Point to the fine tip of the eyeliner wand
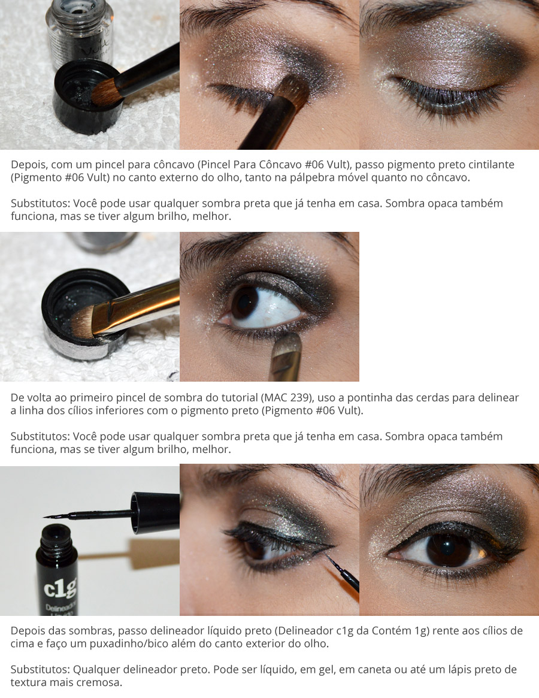(x=48, y=516)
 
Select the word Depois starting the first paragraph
(x=29, y=164)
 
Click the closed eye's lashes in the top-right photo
(x=443, y=96)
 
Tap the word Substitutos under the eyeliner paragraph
(x=39, y=669)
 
